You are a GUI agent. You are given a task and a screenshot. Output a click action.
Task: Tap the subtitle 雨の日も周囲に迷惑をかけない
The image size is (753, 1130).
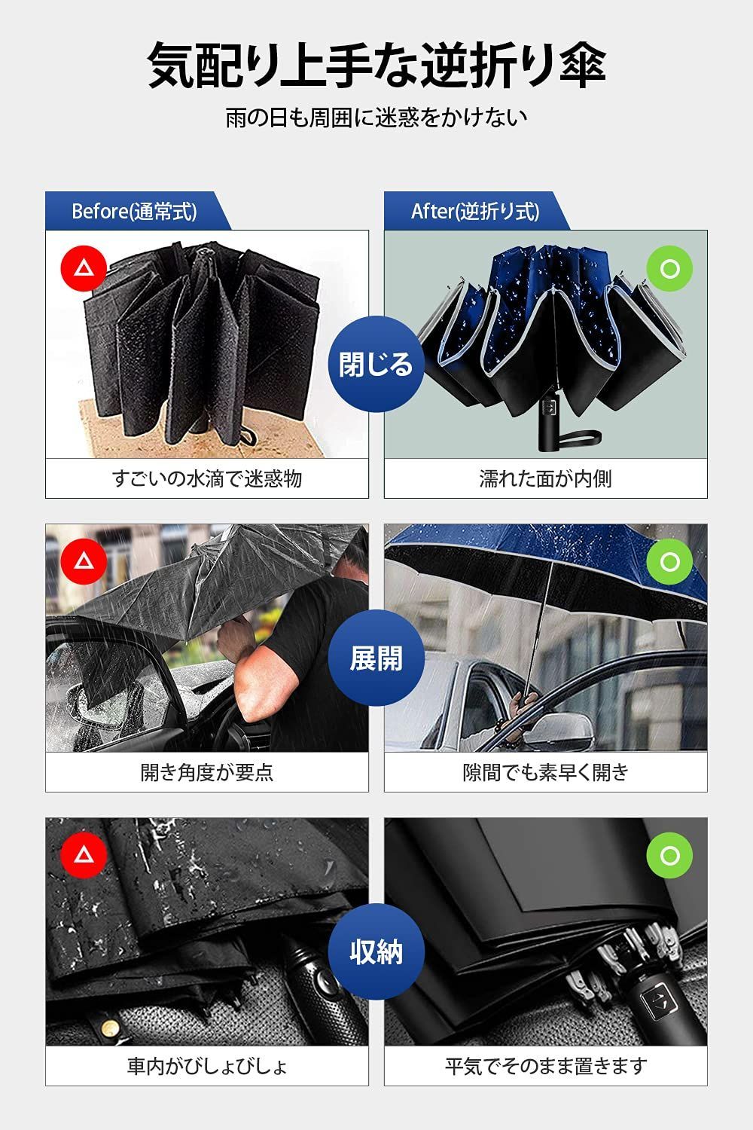click(376, 118)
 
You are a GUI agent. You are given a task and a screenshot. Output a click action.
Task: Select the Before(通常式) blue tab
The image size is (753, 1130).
click(138, 211)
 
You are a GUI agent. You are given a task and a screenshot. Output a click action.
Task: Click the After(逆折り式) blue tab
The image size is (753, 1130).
click(477, 211)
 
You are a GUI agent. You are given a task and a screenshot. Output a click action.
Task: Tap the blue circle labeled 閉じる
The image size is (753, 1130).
click(376, 364)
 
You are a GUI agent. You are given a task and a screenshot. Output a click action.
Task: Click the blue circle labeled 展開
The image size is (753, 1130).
click(376, 658)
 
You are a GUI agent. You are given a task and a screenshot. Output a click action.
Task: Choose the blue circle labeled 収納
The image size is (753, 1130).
click(376, 952)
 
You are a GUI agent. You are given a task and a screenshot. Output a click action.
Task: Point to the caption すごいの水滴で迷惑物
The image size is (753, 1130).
click(207, 478)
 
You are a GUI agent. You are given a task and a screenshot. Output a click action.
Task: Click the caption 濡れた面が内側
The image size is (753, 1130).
click(546, 478)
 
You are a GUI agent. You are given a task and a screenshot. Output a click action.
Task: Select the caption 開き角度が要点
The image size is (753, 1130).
click(207, 772)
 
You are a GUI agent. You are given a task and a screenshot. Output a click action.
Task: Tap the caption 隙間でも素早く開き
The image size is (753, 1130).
click(546, 772)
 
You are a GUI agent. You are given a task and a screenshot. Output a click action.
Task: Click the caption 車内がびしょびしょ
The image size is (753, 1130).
click(207, 1066)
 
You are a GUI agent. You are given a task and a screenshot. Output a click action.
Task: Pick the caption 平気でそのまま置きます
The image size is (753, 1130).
click(546, 1066)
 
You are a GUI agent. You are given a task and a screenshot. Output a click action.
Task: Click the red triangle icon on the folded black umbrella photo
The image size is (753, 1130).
click(84, 268)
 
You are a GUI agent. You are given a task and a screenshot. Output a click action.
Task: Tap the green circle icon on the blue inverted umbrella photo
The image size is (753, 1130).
click(669, 268)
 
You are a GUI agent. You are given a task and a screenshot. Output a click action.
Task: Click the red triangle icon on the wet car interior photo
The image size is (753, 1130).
click(84, 855)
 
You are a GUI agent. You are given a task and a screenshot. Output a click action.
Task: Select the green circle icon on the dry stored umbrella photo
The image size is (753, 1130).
click(669, 855)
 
